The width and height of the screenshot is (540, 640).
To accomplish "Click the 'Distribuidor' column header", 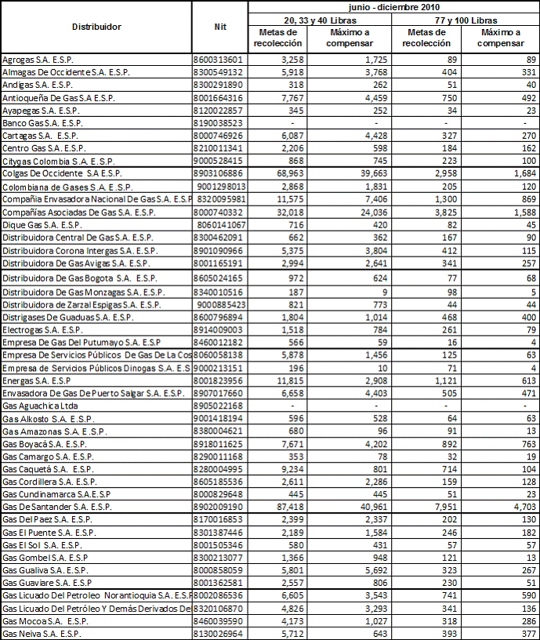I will point(96,27).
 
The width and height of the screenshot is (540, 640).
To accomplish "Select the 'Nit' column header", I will point(220,27).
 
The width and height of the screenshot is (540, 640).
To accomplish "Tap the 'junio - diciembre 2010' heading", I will point(393,6).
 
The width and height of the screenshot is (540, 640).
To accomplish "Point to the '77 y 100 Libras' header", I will point(467,20).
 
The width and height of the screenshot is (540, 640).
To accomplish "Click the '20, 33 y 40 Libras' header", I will point(321,20).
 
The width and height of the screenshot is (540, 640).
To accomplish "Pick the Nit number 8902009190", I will point(219,507).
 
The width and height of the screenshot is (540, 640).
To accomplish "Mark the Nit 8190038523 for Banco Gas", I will point(219,123).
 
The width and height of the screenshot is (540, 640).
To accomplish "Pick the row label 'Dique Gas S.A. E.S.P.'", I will point(40,224).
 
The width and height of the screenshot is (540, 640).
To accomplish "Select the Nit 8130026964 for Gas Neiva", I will point(219,633).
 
